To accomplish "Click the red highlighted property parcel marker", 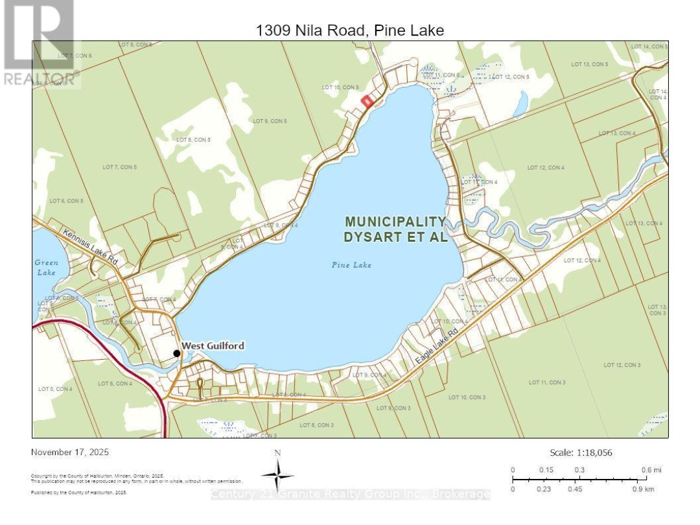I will [367, 101].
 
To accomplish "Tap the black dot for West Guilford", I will [176, 353].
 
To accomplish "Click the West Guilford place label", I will [213, 346].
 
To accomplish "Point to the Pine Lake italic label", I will [351, 264].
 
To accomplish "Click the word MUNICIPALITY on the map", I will [395, 221].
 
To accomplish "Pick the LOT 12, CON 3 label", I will [622, 365].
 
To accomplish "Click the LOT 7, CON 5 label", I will [119, 167].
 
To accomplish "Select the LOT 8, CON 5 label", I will [193, 139].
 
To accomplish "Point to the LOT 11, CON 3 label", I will [547, 382].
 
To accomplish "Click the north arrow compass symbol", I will [277, 476].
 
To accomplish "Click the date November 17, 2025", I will [67, 452].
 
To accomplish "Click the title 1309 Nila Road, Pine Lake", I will [351, 30].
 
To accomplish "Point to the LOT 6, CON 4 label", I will [115, 383].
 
